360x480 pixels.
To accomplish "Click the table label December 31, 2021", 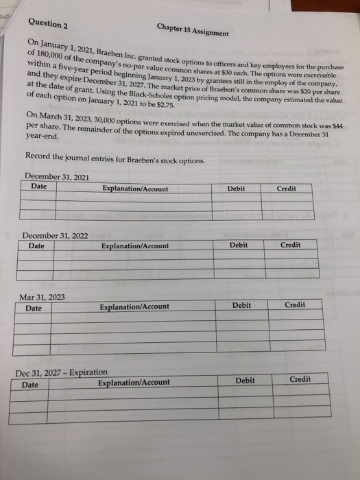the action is point(57,177).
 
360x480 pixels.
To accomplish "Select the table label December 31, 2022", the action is point(55,235).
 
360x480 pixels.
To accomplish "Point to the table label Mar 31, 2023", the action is point(42,297).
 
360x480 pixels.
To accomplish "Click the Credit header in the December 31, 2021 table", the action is point(286,188).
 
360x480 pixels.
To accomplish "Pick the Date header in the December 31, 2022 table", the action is point(37,245).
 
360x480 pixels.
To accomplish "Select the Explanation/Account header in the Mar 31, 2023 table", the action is point(135,307).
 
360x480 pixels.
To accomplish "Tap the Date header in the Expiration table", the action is point(30,385).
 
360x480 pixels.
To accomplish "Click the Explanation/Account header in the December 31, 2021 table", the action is point(135,189).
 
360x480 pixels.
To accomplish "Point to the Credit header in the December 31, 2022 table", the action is point(290,244).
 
